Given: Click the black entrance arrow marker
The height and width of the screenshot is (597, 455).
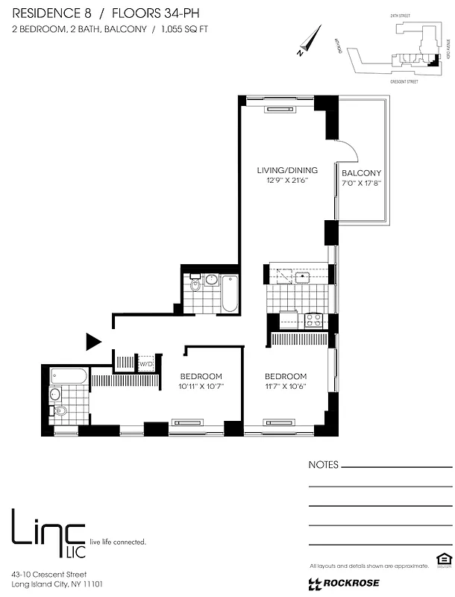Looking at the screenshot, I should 93,342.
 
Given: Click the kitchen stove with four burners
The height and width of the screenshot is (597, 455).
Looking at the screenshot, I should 313,320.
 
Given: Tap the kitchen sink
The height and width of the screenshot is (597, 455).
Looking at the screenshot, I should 302,278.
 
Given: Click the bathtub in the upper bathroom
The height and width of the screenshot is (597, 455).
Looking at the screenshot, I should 229,293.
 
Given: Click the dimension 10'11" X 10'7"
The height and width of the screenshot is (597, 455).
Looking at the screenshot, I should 201,386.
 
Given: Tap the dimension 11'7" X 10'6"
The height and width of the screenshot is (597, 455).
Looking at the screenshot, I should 286,386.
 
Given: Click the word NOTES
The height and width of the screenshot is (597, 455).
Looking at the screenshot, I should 323,465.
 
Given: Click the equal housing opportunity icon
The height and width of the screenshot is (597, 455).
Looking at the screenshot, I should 441,560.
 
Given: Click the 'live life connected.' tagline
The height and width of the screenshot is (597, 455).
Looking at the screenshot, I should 118,541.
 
